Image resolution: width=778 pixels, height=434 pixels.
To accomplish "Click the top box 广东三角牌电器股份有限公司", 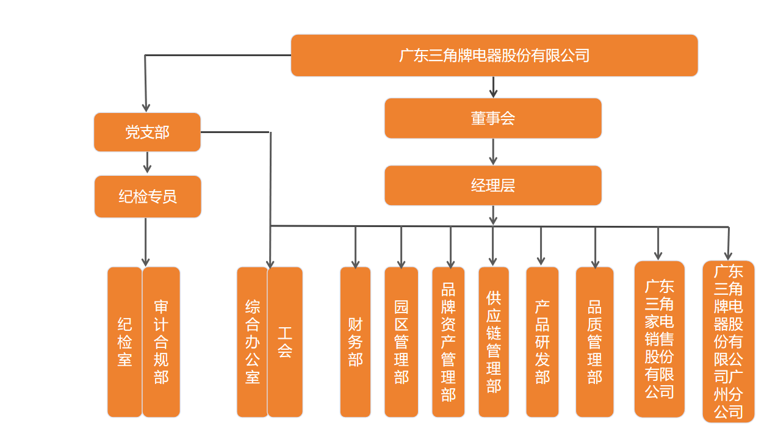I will [x=494, y=56].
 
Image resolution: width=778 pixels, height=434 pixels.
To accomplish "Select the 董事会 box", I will [x=492, y=118].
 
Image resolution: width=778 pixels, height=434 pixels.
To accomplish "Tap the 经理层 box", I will [x=492, y=186].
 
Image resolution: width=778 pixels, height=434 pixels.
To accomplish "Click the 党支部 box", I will [x=147, y=132].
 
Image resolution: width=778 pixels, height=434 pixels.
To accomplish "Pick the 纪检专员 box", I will [x=148, y=197].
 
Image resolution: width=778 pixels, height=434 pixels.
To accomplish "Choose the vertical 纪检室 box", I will [x=124, y=342].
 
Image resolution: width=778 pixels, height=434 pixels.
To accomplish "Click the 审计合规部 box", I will [x=161, y=342].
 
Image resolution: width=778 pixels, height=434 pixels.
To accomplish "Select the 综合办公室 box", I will [x=252, y=342].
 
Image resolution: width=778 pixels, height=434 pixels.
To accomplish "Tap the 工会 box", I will [x=285, y=342].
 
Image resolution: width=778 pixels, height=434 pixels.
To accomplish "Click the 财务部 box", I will [x=355, y=342].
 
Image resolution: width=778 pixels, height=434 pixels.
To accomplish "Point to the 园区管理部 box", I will [x=401, y=342].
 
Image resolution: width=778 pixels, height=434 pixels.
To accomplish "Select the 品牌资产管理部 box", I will [x=448, y=342].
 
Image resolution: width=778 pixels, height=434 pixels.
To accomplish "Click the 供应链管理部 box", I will [x=493, y=342].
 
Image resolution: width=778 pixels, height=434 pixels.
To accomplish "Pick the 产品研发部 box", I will [x=542, y=342].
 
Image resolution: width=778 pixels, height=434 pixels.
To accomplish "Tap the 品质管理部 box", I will [x=594, y=342].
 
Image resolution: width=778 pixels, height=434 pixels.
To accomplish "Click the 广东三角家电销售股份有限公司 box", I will [x=659, y=339].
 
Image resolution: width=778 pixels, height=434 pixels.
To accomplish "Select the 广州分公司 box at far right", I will [x=728, y=342].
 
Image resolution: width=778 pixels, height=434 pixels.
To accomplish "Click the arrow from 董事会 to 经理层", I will [x=493, y=152].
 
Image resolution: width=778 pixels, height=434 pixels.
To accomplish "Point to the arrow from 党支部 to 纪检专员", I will [x=147, y=162].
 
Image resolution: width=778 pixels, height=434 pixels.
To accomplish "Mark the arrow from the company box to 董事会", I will [x=493, y=87].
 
